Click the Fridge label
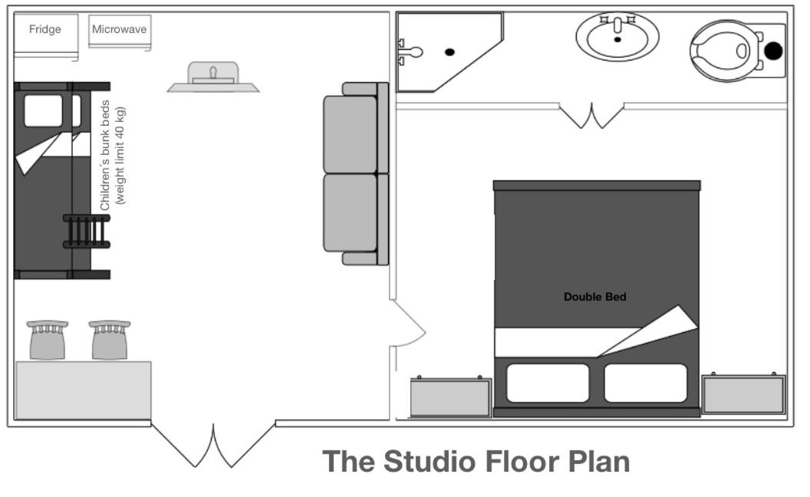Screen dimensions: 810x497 pos(45,29)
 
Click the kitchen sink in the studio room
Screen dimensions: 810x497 pos(213,77)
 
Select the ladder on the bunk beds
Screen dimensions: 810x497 pos(87,231)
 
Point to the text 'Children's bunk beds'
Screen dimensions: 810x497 pos(105,155)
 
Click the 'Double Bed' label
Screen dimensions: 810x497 pos(594,297)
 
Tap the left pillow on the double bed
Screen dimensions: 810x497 pos(548,383)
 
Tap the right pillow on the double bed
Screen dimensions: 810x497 pos(646,383)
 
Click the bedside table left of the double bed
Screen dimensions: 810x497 pos(450,397)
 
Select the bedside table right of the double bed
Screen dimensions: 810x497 pos(743,393)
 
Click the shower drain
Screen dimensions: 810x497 pos(449,52)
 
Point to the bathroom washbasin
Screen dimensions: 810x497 pos(617,37)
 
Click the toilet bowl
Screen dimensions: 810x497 pos(723,51)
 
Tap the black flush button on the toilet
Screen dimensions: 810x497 pos(773,51)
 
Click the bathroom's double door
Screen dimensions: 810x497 pos(591,116)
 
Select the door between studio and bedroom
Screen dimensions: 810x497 pos(408,324)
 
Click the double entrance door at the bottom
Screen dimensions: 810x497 pos(212,445)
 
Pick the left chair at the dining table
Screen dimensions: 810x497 pos(48,340)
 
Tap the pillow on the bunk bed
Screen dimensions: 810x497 pos(44,110)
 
